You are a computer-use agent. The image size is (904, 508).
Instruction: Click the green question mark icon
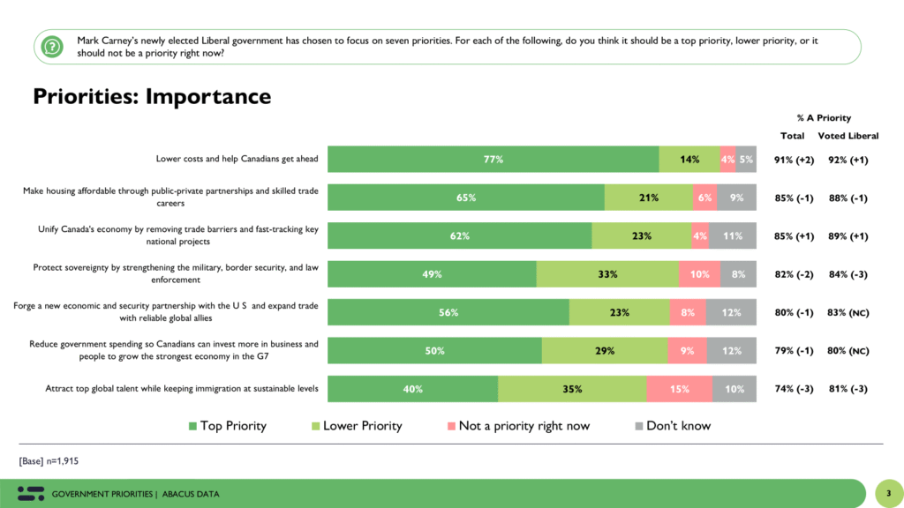coord(53,46)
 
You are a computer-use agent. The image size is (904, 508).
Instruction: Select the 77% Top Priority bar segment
coord(493,160)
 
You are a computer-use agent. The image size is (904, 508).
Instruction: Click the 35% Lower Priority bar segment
coord(572,389)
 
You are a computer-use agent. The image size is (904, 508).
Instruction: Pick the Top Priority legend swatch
coord(192,426)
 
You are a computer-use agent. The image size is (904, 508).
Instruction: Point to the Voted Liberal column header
coord(847,136)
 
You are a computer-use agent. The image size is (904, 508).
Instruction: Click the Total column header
coord(792,136)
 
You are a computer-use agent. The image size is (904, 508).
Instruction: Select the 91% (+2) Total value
coord(793,160)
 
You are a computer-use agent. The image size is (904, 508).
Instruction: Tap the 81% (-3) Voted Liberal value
coord(848,389)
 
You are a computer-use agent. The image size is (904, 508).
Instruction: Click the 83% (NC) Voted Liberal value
coord(848,312)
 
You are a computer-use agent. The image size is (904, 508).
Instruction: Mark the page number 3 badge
coord(888,493)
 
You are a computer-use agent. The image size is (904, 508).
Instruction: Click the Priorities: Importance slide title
coord(152,96)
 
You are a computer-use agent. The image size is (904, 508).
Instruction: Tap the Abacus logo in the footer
coord(30,493)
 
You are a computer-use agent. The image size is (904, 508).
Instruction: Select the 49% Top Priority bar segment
coord(432,274)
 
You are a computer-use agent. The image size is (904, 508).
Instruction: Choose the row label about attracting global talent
coord(181,389)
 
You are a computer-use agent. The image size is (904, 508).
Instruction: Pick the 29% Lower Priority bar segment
coord(605,351)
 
